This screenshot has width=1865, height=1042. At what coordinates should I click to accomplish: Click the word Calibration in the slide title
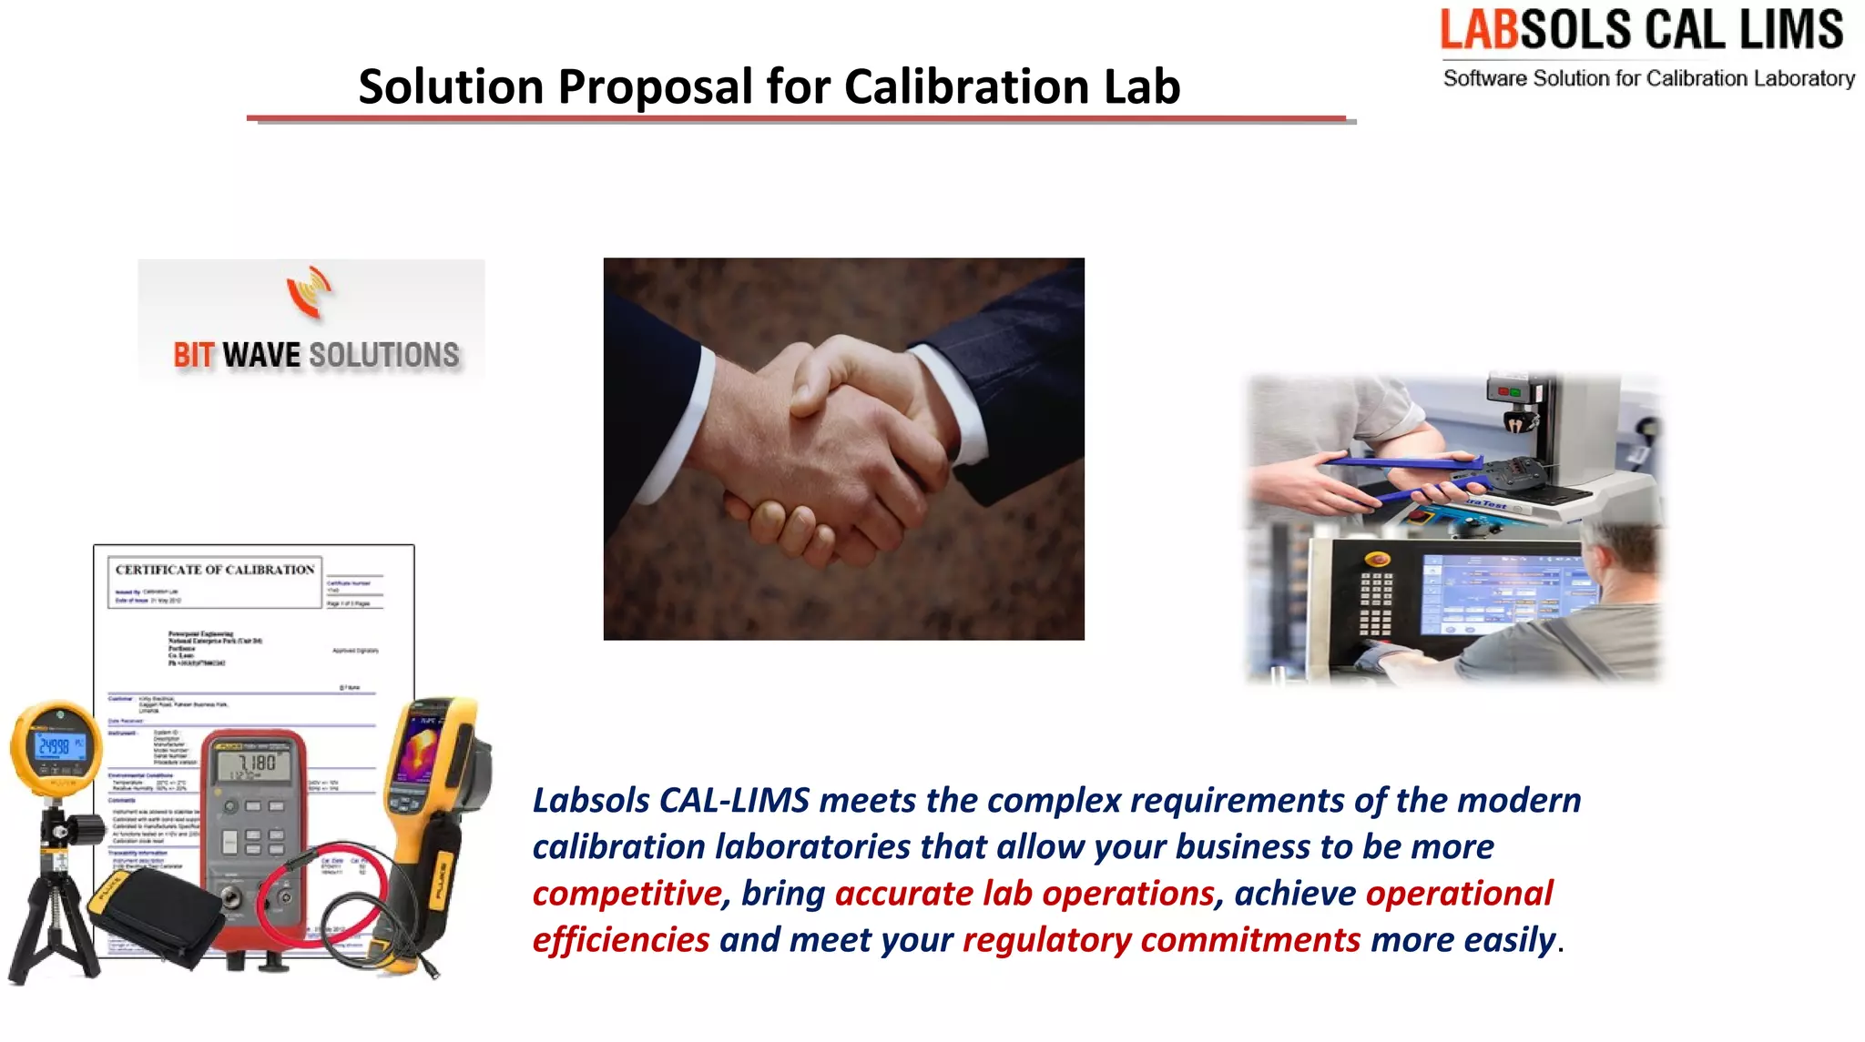pyautogui.click(x=966, y=87)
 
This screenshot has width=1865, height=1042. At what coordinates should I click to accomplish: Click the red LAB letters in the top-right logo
pyautogui.click(x=1479, y=30)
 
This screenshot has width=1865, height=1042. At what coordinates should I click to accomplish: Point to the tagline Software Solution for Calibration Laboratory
pyautogui.click(x=1648, y=78)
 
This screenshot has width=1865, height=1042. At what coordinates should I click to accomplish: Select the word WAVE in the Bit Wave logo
pyautogui.click(x=261, y=355)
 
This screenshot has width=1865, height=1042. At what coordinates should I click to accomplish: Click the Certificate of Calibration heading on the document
pyautogui.click(x=215, y=570)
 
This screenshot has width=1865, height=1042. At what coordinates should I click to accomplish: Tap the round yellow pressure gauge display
pyautogui.click(x=56, y=746)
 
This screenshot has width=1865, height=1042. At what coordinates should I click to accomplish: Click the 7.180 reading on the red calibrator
pyautogui.click(x=256, y=764)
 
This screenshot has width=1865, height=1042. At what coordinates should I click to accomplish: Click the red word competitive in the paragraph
pyautogui.click(x=627, y=894)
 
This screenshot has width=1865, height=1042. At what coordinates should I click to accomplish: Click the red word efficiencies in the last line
pyautogui.click(x=621, y=940)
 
